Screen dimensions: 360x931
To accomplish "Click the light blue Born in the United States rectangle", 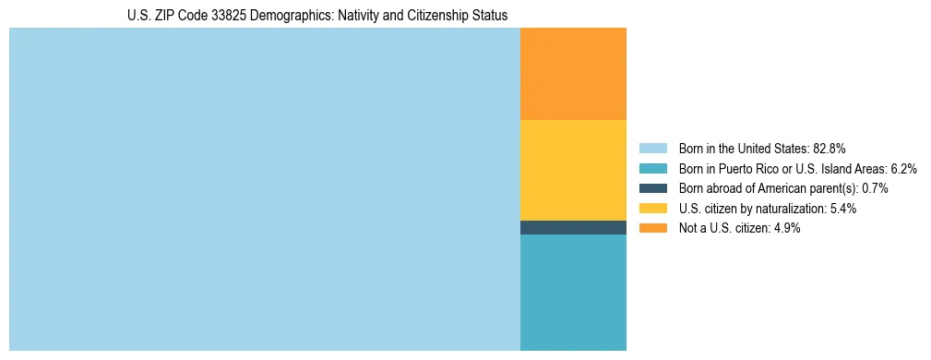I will pos(265,189).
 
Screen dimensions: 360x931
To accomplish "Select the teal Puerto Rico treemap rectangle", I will pos(573,293).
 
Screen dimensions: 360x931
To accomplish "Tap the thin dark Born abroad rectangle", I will pos(573,227).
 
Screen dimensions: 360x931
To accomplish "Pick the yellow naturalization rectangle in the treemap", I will pos(573,170).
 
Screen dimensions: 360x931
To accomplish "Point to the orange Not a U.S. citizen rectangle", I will pos(573,74).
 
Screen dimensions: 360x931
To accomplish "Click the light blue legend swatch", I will pos(652,148).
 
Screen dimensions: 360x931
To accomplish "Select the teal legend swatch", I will pos(652,168).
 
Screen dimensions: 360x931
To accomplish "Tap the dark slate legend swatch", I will pos(652,188).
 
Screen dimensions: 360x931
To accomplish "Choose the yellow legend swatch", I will pos(652,209).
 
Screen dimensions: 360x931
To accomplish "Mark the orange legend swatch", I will pos(652,228).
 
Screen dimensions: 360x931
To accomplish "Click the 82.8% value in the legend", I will pos(830,148).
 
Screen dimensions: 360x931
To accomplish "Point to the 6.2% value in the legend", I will pos(902,168).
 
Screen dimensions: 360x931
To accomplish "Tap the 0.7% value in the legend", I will pos(875,188).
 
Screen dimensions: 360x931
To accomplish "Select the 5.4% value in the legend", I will pos(841,209).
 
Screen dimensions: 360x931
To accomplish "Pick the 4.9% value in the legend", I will pos(785,228).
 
